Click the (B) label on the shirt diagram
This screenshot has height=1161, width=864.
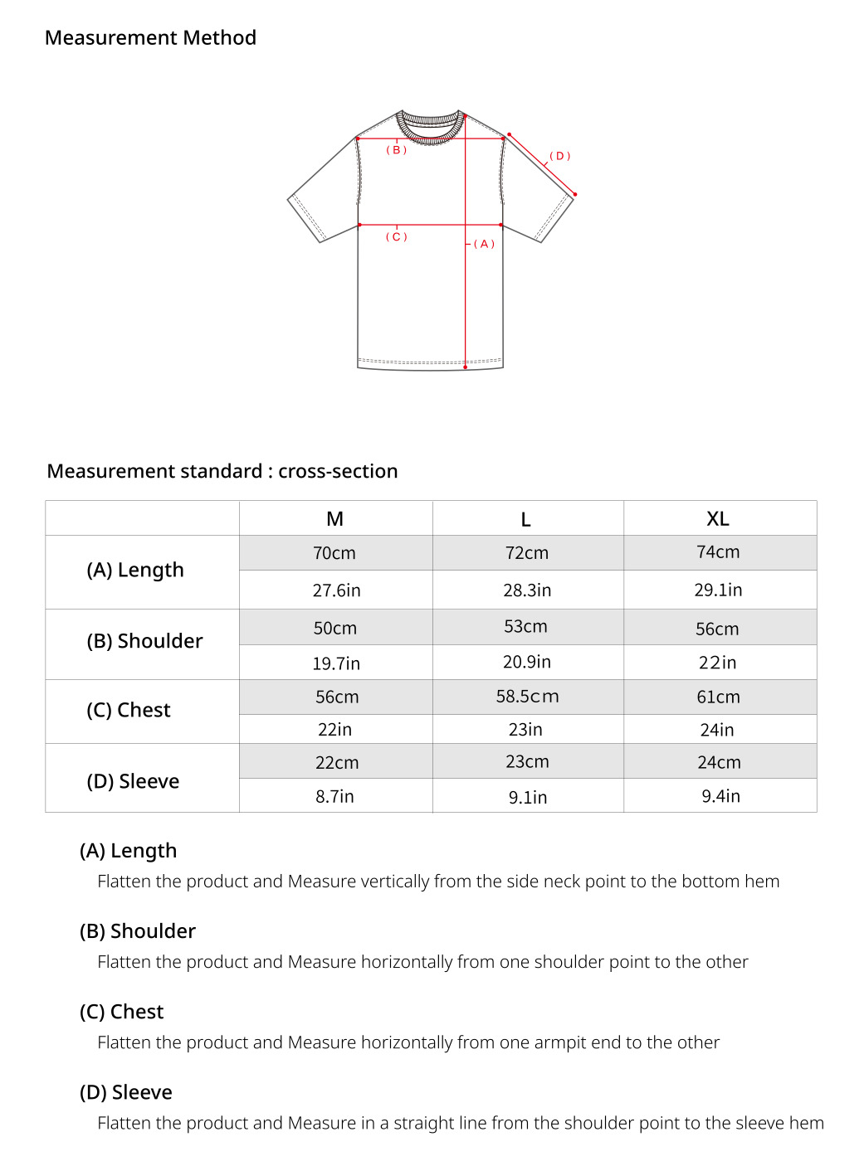pos(397,150)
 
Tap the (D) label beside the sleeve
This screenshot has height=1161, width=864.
pos(560,156)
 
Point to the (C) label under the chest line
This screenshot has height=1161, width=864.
pos(397,237)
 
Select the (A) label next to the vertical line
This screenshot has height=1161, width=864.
pos(484,244)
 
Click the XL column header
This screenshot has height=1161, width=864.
pos(718,519)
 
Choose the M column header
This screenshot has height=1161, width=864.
pos(335,519)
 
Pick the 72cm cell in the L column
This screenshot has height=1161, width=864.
pos(527,553)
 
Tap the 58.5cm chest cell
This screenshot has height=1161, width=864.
pos(527,697)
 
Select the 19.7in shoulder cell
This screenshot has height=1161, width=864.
pos(336,663)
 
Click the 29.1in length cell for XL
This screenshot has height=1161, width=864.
pos(719,590)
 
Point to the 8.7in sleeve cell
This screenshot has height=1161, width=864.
pos(334,796)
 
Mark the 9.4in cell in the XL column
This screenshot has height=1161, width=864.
pos(720,796)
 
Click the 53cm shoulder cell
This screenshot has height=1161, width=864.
pos(525,627)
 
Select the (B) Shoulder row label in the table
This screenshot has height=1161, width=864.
pos(144,641)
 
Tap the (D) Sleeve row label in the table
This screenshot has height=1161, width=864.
pos(133,781)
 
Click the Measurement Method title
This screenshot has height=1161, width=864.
pos(150,38)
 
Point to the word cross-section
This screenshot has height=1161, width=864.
pos(338,471)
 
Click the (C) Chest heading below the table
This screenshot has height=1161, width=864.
pos(122,1012)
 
